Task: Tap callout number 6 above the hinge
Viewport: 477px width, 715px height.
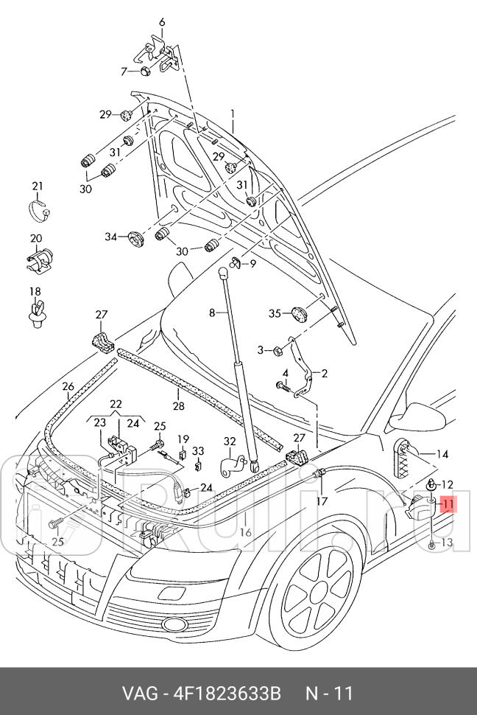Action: click(162, 22)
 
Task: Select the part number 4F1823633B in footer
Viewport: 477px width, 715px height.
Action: click(228, 694)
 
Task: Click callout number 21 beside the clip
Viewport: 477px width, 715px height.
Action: click(38, 186)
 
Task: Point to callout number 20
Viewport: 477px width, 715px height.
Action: click(36, 239)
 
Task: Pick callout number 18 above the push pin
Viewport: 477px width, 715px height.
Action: click(35, 292)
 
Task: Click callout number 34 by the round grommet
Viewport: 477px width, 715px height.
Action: click(110, 237)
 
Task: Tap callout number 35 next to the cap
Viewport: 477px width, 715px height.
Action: click(275, 314)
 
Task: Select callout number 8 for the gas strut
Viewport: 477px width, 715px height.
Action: click(212, 313)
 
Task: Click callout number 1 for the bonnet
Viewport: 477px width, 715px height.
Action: click(232, 114)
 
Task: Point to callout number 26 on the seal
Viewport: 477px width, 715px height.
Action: click(68, 386)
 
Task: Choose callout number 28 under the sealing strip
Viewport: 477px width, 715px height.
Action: click(178, 406)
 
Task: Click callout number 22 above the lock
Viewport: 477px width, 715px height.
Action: click(116, 404)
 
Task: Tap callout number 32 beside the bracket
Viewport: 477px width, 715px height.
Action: click(230, 442)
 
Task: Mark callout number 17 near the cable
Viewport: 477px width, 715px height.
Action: click(322, 501)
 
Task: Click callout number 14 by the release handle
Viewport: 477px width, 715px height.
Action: click(442, 454)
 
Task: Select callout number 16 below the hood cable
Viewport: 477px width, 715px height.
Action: click(246, 532)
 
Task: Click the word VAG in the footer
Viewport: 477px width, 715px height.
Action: click(138, 694)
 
